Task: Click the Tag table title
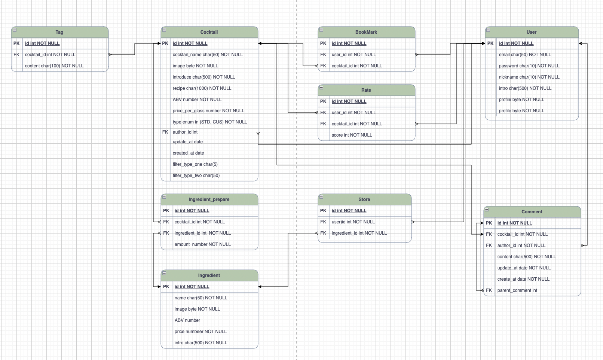click(x=59, y=32)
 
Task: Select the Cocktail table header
click(x=209, y=32)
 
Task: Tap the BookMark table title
click(x=366, y=32)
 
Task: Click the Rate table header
click(x=366, y=90)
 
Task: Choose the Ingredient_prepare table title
click(x=209, y=199)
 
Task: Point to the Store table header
click(x=364, y=199)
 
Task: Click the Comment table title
click(x=532, y=212)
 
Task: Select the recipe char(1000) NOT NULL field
click(x=202, y=88)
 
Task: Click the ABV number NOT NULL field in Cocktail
click(x=197, y=100)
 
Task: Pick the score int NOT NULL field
click(x=352, y=135)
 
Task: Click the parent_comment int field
click(x=517, y=290)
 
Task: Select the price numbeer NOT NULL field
click(x=201, y=332)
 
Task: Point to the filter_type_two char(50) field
click(x=196, y=176)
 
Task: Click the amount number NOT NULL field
click(x=203, y=244)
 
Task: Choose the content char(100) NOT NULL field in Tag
click(x=54, y=66)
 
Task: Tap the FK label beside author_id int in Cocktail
click(x=165, y=132)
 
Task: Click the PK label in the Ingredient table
click(x=166, y=287)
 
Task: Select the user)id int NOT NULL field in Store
click(x=353, y=222)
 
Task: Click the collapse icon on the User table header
click(x=488, y=30)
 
